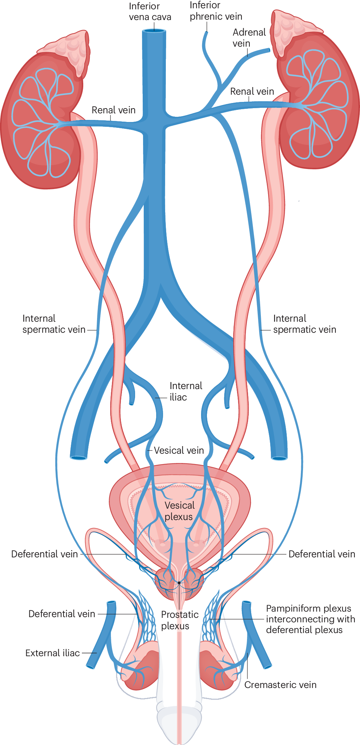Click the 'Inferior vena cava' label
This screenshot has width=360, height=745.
pos(150,12)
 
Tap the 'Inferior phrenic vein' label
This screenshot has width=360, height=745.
pos(216,11)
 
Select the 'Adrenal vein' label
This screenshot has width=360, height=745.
pos(249,38)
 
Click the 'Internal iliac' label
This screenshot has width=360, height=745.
pos(186,392)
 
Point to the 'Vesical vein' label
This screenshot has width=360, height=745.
pos(179,451)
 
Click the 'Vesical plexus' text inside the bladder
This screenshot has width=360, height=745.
pos(179,511)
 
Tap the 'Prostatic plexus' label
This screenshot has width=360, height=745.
pos(179,620)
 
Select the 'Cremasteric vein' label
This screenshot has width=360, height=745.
pos(280,685)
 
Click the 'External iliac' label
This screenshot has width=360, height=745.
pos(53,653)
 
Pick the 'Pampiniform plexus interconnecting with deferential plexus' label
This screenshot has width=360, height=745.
pos(310,619)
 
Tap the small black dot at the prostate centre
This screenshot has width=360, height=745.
pos(179,583)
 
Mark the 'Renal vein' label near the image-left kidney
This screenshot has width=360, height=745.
pos(113,110)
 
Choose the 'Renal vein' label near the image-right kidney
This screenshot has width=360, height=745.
pos(252,92)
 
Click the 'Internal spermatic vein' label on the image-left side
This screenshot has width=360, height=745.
pos(54,324)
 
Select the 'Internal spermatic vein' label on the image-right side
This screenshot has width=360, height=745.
pos(304,324)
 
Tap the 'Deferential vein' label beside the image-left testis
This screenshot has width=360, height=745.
pos(61,614)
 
